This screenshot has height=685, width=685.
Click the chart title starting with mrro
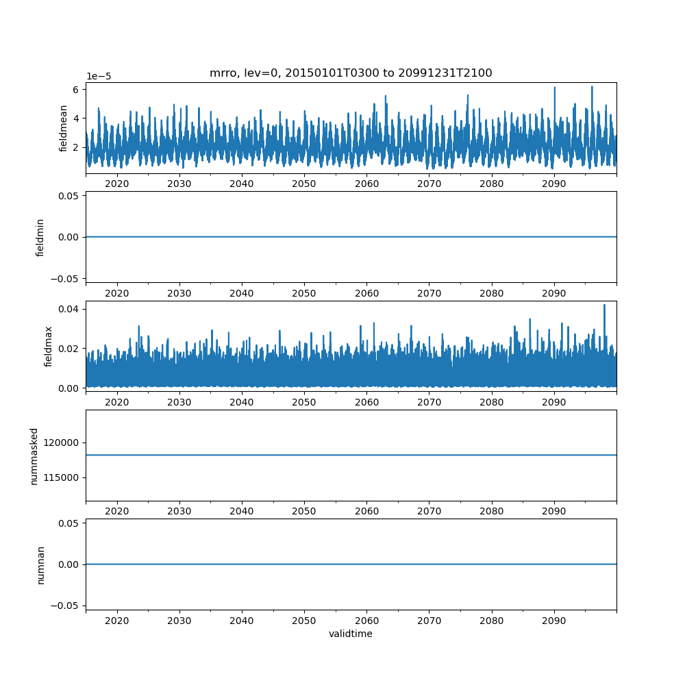click(x=351, y=73)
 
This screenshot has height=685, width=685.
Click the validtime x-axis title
click(x=351, y=634)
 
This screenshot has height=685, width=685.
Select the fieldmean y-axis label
click(x=63, y=129)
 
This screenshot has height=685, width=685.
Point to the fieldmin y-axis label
click(x=40, y=238)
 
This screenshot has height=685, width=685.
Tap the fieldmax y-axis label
click(x=48, y=347)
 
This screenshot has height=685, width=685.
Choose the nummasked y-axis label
click(x=34, y=456)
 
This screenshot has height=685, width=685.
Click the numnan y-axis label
click(x=40, y=565)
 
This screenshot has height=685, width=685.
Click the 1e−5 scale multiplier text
click(x=99, y=77)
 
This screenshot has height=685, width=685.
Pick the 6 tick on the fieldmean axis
click(x=76, y=90)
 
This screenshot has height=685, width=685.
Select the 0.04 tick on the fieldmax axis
click(x=68, y=310)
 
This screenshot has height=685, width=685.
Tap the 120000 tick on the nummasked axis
click(x=61, y=443)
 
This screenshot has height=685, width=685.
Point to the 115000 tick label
click(x=61, y=478)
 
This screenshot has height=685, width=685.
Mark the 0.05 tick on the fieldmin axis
click(x=68, y=196)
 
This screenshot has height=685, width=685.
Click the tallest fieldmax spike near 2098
click(x=604, y=305)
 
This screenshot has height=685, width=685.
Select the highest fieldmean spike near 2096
click(x=592, y=86)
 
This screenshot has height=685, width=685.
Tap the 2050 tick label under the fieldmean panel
click(x=304, y=184)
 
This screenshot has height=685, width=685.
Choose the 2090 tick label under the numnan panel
click(x=554, y=621)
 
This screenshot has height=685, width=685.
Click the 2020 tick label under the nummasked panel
click(x=117, y=511)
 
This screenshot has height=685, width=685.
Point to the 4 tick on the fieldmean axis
click(x=76, y=119)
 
